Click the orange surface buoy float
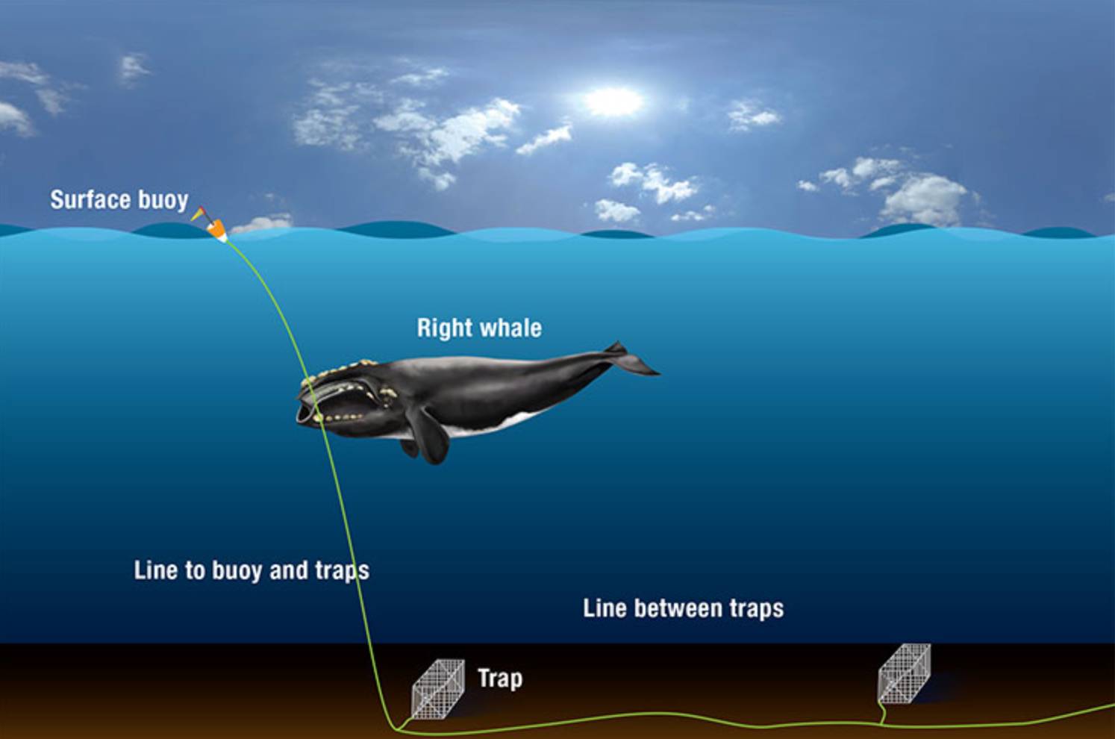(x=217, y=231)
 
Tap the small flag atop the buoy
(x=197, y=214)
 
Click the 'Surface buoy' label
(x=119, y=200)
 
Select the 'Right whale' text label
(x=479, y=328)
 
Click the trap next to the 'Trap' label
(x=438, y=689)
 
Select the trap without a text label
(x=904, y=674)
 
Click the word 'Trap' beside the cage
(x=500, y=679)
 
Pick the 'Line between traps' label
(x=684, y=608)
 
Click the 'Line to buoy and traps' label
(x=252, y=570)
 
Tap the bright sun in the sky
(x=613, y=102)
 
